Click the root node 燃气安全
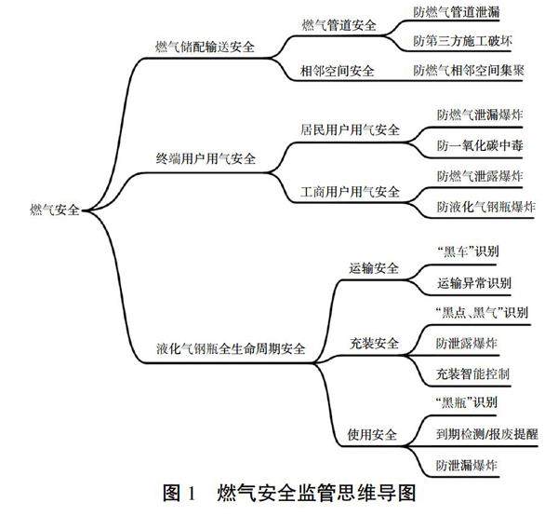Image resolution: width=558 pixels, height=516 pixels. pos(55,211)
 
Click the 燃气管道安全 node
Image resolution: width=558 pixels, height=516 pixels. pos(339,25)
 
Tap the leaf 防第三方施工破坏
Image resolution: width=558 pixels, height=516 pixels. pos(461,42)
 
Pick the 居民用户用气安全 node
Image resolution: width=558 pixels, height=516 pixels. pos(351,130)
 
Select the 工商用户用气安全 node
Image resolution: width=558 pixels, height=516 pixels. pos(351,192)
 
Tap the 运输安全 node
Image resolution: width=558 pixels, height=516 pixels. pos(374,268)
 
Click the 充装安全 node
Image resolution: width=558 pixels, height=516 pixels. pos(374,344)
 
